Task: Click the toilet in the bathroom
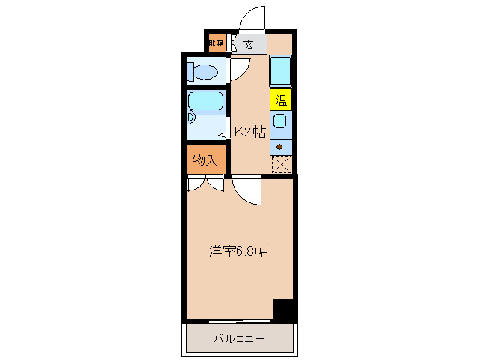coord(203,72)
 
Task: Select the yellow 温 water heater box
coord(281,99)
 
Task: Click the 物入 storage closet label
coord(205,160)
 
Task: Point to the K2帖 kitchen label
coord(249,132)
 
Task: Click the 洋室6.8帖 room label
coord(238,252)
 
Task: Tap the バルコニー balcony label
coord(238,339)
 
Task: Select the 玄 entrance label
coord(248,44)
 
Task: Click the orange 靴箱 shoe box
coord(216,43)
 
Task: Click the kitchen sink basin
coord(280,121)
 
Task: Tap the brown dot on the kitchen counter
coord(280,145)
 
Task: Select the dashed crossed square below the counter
coord(281,164)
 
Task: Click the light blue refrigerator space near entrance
coord(280,70)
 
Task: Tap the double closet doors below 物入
coord(205,184)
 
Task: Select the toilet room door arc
coord(239,70)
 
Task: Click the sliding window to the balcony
coord(239,321)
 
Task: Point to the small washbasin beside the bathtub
coord(190,118)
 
